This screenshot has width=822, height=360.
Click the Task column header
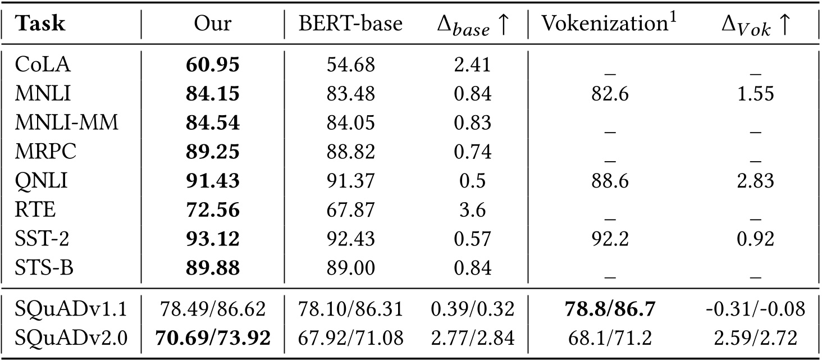41,25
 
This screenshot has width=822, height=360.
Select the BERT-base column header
351,25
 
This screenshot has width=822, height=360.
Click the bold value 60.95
213,65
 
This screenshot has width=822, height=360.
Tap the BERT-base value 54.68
351,65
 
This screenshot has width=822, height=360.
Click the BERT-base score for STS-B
351,267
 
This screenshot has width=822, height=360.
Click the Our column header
213,25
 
